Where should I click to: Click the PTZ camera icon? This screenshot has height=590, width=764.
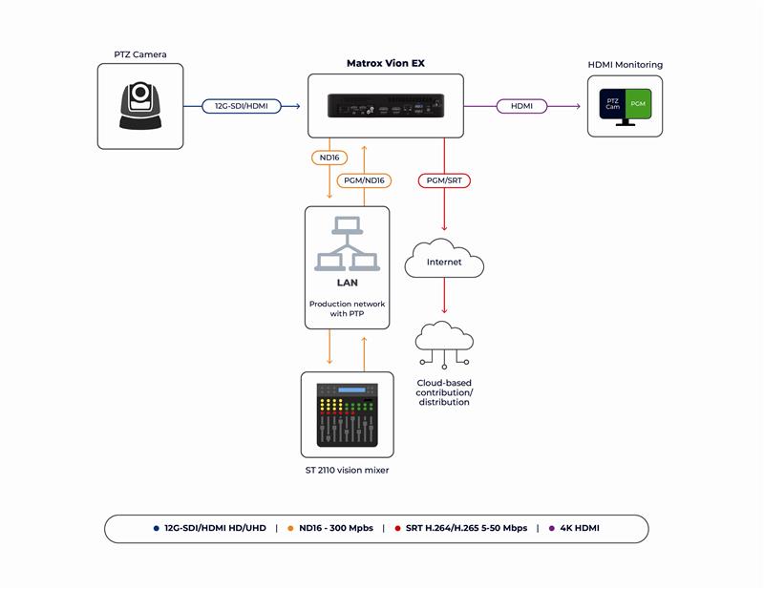[x=140, y=105]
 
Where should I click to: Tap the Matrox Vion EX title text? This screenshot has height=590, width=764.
[x=385, y=63]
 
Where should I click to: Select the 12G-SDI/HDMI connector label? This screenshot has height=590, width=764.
[x=242, y=106]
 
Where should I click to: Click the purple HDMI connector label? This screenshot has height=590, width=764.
[x=521, y=106]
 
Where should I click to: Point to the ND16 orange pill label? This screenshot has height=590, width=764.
[x=329, y=157]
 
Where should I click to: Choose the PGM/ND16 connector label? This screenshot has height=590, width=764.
[x=363, y=179]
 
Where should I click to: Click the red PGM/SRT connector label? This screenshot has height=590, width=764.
[x=444, y=179]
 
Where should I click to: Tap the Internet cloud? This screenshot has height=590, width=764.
[x=444, y=260]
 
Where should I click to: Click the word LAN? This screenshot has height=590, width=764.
[x=347, y=283]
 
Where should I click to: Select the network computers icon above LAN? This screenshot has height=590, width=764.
[x=347, y=244]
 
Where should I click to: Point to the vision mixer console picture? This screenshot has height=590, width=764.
[x=347, y=413]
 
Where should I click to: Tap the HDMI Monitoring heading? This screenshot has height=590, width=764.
[x=625, y=65]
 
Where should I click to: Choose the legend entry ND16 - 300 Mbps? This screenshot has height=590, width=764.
[x=334, y=528]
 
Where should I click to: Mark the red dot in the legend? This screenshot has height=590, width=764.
[x=396, y=528]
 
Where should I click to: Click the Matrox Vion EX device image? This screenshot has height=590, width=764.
[x=385, y=105]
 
